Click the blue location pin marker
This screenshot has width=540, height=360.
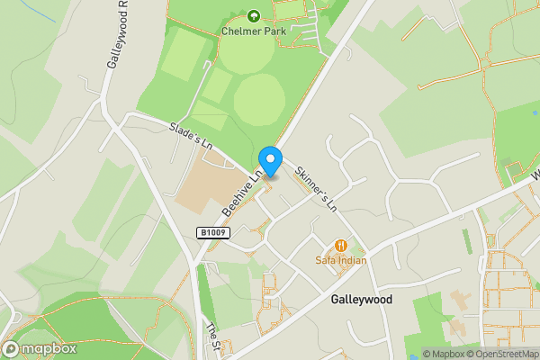coord(271,160)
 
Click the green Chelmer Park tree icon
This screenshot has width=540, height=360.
coord(253,15)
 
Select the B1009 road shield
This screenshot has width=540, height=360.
coord(213,233)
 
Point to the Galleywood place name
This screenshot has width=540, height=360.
coord(361,300)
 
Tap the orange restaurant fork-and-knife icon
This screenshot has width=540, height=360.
coord(341,245)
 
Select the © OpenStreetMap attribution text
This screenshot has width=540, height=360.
coord(496,354)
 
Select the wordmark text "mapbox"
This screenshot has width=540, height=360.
coord(49,349)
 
